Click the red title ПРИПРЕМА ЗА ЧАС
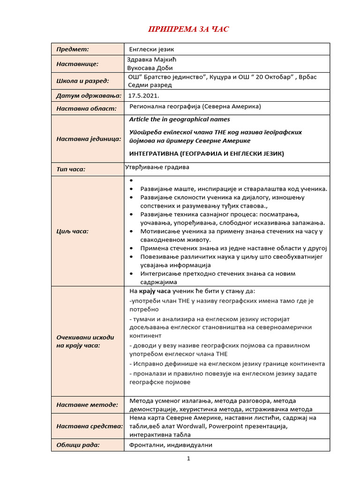tap(188, 30)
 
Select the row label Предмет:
tap(73, 49)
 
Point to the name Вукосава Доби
tap(150, 68)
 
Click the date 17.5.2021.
tap(144, 95)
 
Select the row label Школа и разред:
tap(82, 81)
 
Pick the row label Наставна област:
tap(86, 109)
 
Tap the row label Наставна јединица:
tap(89, 139)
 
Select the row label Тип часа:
tap(71, 169)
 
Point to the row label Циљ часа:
tap(72, 231)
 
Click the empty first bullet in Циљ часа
tap(131, 180)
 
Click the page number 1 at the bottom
tap(188, 459)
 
